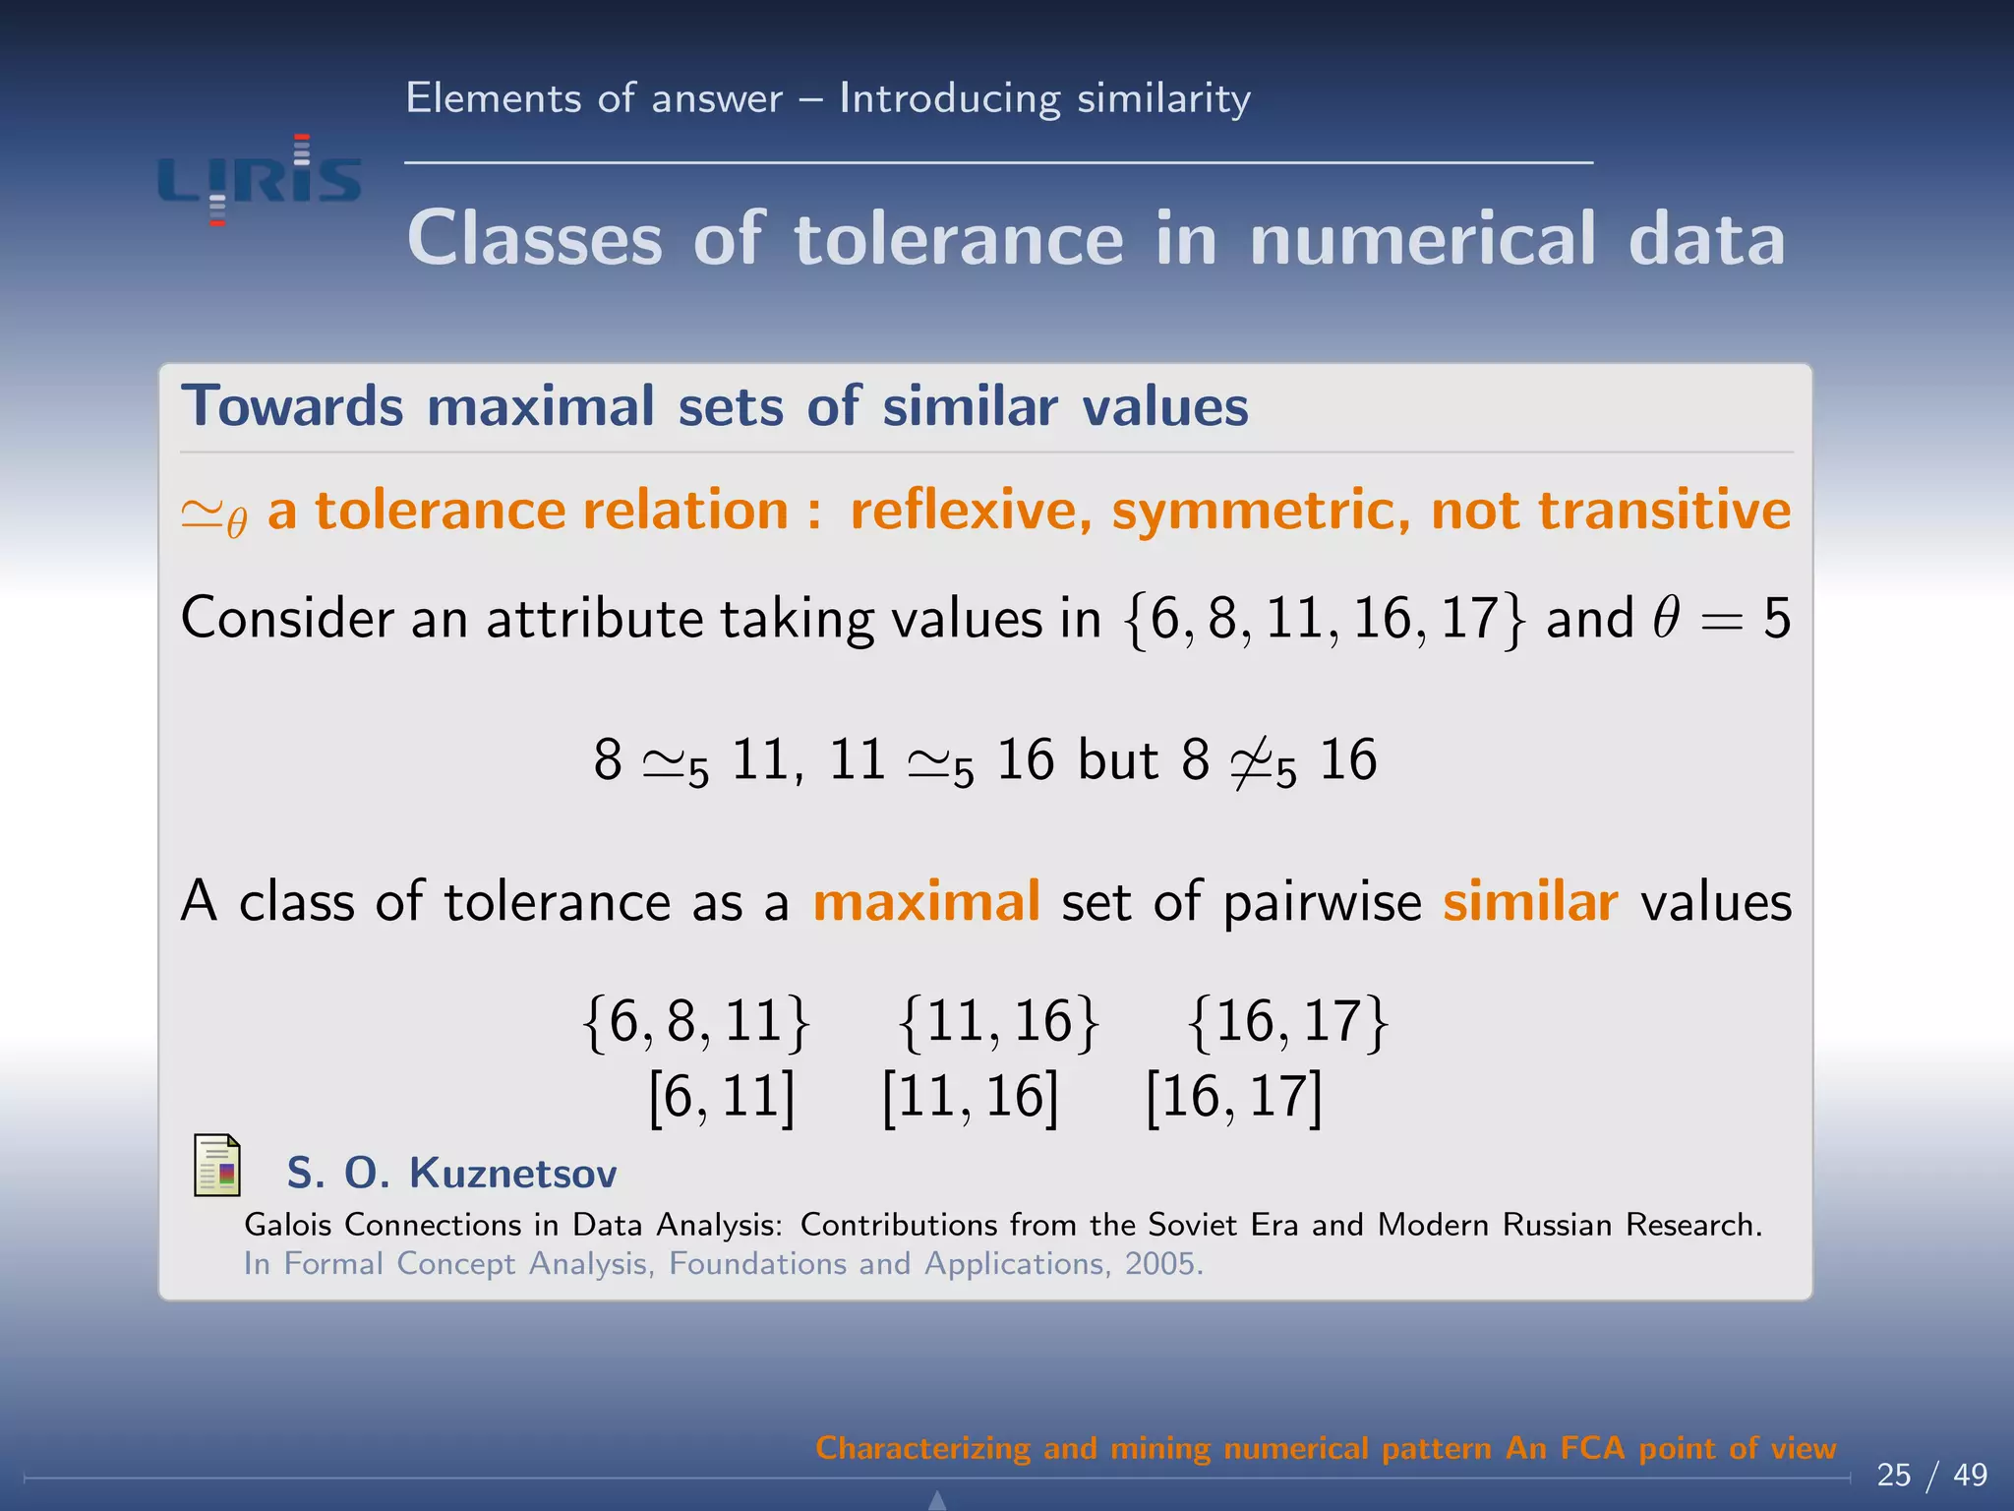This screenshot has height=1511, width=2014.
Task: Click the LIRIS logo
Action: click(x=260, y=180)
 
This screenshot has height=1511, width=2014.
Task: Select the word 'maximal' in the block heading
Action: click(x=541, y=406)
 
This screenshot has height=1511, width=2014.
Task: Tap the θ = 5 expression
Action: click(x=1722, y=620)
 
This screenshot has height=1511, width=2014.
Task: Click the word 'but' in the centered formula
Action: click(x=1118, y=760)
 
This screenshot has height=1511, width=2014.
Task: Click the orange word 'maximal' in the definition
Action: click(x=926, y=901)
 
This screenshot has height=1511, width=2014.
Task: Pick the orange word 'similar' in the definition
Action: click(x=1530, y=901)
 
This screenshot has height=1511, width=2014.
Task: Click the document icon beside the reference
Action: click(x=217, y=1166)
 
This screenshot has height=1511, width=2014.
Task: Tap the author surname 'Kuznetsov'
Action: click(x=512, y=1174)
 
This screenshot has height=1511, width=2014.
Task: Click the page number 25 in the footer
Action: click(x=1893, y=1475)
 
